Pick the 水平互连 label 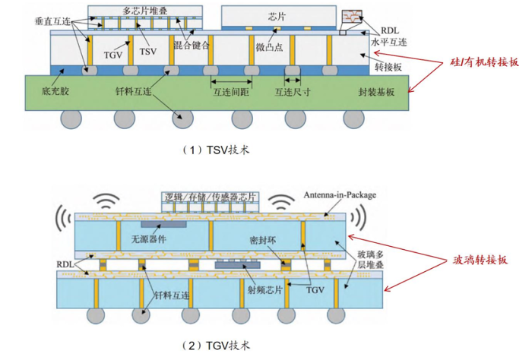click(x=388, y=44)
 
